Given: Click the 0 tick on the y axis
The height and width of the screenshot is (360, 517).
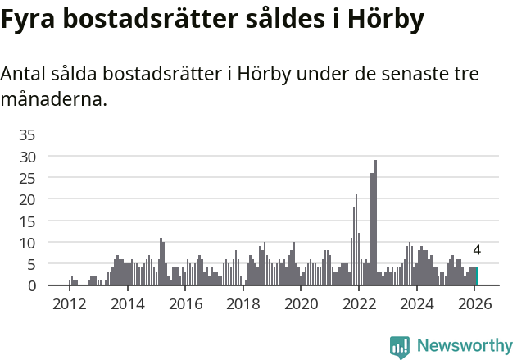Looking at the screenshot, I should [31, 285].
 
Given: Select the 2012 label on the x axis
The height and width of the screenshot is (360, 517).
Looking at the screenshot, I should [69, 303].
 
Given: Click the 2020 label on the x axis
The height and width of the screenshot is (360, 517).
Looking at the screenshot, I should [301, 303].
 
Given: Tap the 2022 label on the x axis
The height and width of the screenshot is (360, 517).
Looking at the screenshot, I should [359, 303].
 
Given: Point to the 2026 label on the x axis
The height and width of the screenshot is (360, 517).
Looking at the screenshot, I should [474, 303].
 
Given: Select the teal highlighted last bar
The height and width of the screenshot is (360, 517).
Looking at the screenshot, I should [477, 276].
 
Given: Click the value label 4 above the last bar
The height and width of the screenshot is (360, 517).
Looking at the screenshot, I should [477, 251].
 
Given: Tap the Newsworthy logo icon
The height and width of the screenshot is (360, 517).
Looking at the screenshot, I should [400, 347].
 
